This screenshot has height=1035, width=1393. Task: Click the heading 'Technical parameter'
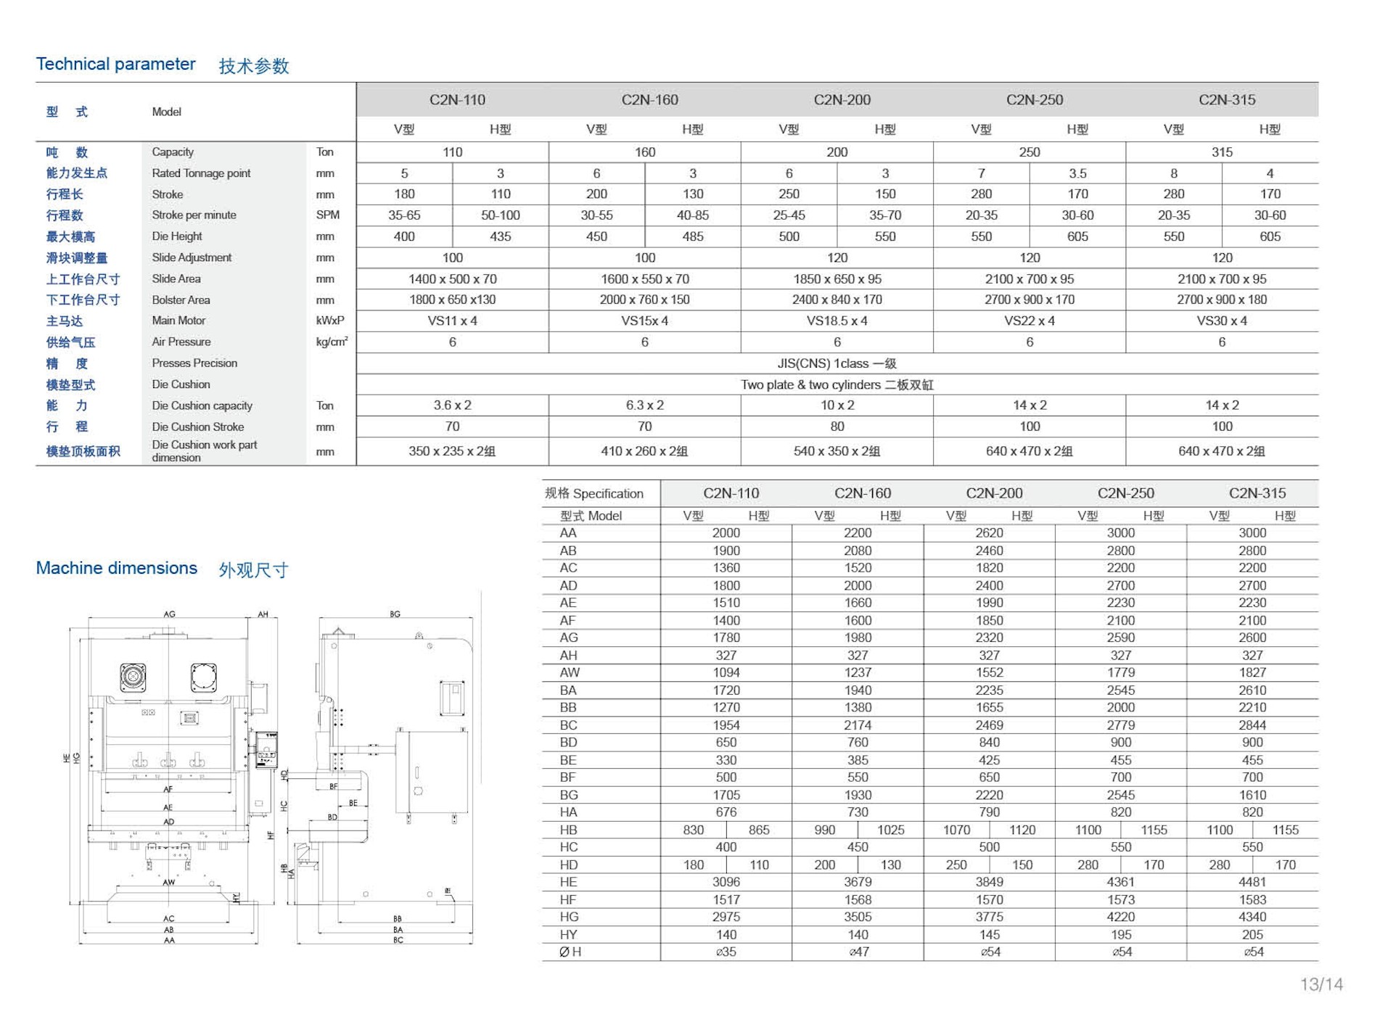coord(116,65)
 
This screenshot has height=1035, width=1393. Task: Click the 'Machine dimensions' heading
coord(117,568)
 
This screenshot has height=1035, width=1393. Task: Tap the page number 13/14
coord(1321,984)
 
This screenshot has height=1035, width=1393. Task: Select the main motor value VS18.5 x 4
coord(837,321)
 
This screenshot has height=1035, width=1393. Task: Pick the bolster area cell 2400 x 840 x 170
coord(837,300)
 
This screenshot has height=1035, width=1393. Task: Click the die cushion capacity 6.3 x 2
coord(644,405)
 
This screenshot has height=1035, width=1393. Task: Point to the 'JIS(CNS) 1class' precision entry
coord(837,363)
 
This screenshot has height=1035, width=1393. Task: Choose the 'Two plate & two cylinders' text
coord(837,384)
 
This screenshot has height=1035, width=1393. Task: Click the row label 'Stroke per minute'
coord(194,215)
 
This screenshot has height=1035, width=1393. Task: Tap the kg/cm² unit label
coord(332,342)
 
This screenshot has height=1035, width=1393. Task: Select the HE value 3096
coord(726,882)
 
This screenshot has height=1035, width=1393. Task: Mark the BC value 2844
coord(1252,725)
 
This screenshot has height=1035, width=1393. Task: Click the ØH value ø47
coord(858,952)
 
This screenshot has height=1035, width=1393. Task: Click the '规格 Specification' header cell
coord(594,494)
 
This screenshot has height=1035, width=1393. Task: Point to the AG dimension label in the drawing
coord(169,614)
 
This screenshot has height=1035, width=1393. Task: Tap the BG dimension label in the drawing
coord(395,614)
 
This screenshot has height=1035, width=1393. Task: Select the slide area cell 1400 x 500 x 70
coord(452,279)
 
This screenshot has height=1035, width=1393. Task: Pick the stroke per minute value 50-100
coord(500,215)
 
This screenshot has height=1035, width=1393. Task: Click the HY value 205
coord(1252,935)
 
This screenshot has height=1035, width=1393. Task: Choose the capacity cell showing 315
coord(1222,152)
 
